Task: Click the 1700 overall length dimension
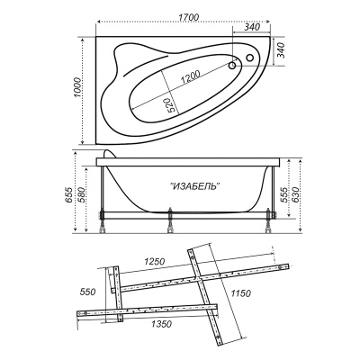188,17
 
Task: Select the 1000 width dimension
77,87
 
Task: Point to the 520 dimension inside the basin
170,104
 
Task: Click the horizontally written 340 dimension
251,27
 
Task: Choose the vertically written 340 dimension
280,50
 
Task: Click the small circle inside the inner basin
232,66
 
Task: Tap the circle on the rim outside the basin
249,58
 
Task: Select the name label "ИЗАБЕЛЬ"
195,186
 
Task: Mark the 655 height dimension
69,195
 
